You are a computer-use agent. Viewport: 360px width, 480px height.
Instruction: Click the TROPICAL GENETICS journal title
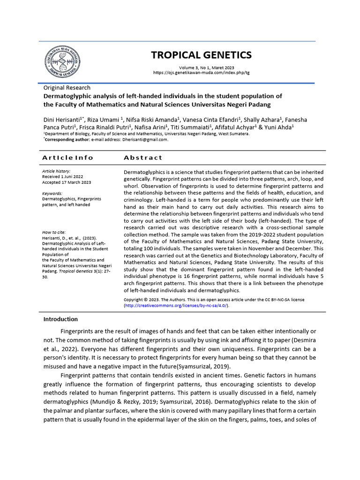click(201, 55)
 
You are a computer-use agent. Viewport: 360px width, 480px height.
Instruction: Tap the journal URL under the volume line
click(201, 73)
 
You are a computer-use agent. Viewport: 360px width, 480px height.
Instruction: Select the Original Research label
click(67, 88)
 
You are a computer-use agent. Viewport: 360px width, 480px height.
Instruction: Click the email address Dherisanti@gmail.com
click(145, 139)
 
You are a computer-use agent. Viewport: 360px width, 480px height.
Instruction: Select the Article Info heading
click(68, 157)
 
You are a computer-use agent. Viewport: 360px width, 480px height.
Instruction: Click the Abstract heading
click(143, 157)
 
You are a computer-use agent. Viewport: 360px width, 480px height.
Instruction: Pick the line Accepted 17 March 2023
click(67, 182)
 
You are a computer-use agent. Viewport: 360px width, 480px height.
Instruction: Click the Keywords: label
click(52, 193)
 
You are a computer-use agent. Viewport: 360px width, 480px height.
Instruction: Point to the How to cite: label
click(54, 232)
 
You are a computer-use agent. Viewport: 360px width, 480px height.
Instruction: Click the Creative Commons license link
click(176, 305)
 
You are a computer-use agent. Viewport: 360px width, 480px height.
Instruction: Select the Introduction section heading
click(60, 319)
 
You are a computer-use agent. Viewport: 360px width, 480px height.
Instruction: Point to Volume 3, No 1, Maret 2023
click(201, 67)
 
